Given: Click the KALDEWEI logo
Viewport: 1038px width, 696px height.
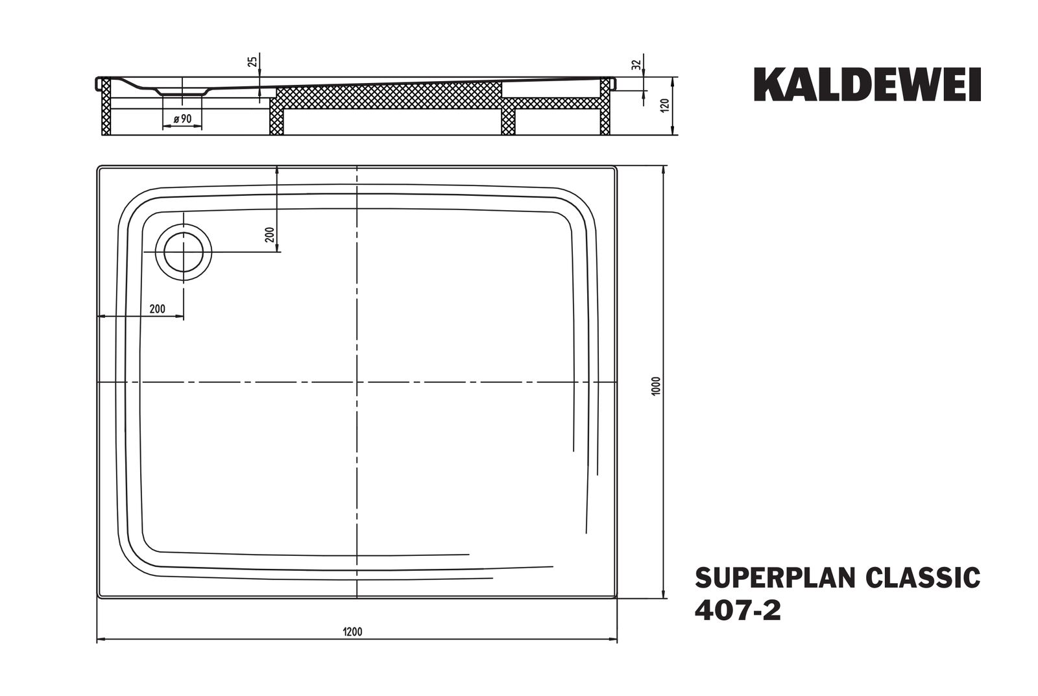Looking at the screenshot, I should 867,85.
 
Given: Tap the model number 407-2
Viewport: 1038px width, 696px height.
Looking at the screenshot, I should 738,610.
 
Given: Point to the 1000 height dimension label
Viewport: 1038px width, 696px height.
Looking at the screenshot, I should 656,387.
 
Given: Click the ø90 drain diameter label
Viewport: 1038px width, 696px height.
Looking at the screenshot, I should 182,118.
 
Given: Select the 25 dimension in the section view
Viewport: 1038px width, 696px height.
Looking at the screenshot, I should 253,62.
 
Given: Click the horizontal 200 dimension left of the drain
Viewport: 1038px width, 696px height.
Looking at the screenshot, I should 157,309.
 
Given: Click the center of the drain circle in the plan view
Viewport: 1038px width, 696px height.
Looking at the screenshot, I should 184,252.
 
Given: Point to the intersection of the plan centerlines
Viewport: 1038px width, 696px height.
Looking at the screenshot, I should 357,383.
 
